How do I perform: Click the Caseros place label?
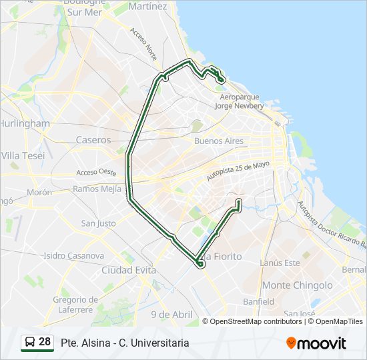(93, 140)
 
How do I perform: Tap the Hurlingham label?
(24, 123)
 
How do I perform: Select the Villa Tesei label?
(23, 155)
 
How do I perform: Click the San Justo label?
(98, 223)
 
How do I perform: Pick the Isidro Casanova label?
(73, 255)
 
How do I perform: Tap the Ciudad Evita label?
(129, 270)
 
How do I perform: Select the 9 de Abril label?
(171, 315)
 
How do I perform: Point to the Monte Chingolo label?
(298, 285)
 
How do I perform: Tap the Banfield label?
(258, 301)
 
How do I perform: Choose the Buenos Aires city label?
(219, 141)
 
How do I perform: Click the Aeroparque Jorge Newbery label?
(242, 101)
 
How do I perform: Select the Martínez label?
(147, 6)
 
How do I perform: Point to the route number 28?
(45, 342)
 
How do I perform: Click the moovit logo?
(316, 343)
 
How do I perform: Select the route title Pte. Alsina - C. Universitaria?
(125, 343)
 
